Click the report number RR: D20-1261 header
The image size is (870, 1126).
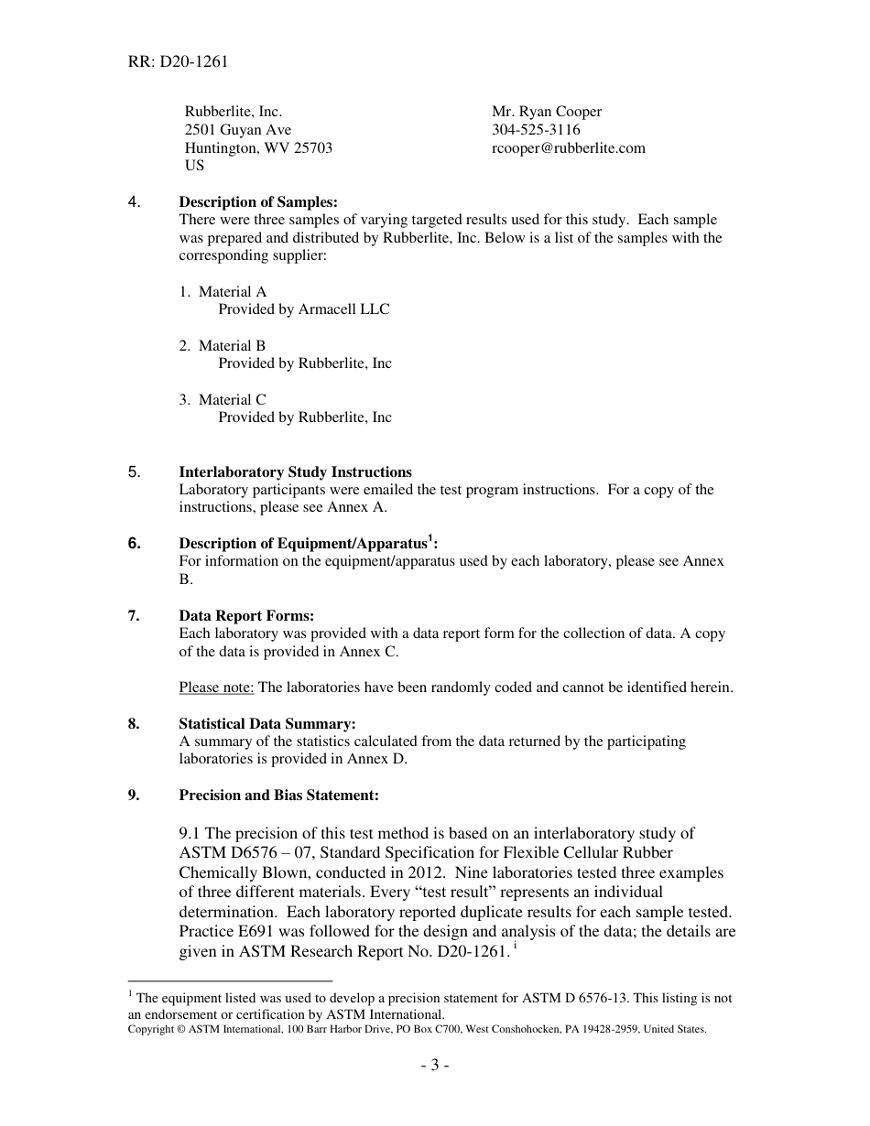(x=178, y=62)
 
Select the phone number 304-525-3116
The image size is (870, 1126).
(x=536, y=130)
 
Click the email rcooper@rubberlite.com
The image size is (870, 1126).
(x=568, y=148)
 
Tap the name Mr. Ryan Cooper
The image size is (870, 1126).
(x=547, y=112)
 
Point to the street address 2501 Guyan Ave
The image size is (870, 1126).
(x=238, y=130)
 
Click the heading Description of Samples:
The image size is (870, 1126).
(x=258, y=202)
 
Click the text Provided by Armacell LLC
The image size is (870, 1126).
(x=303, y=309)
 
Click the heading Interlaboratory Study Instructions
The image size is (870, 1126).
(x=295, y=472)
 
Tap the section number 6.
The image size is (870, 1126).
(x=135, y=544)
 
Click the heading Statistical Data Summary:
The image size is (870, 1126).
(x=267, y=724)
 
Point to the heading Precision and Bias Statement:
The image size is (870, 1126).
(x=278, y=796)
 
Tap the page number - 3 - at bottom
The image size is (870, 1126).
(x=434, y=1066)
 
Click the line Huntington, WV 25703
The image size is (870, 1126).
(x=258, y=148)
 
